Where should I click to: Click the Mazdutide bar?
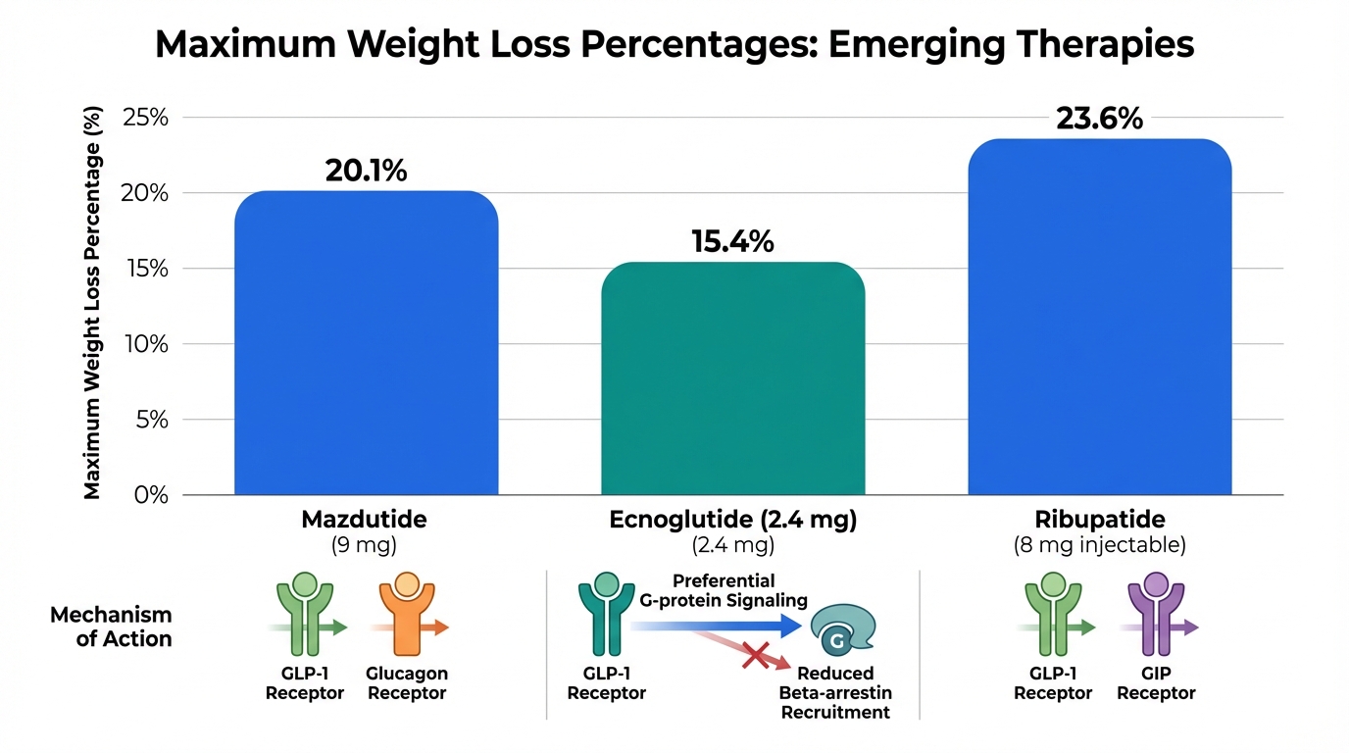[x=366, y=343]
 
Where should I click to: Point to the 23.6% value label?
[x=1099, y=119]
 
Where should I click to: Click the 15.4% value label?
[x=732, y=241]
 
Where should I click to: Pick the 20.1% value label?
[x=366, y=171]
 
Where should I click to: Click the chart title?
[x=674, y=45]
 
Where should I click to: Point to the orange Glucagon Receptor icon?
[x=405, y=615]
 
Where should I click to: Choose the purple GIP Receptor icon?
[x=1155, y=615]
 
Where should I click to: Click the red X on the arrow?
[x=755, y=654]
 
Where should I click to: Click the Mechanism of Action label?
[x=111, y=627]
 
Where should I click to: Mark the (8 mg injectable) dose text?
[x=1099, y=545]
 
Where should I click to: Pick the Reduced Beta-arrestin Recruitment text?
[x=835, y=692]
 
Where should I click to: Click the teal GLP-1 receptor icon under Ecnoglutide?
[x=605, y=615]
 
